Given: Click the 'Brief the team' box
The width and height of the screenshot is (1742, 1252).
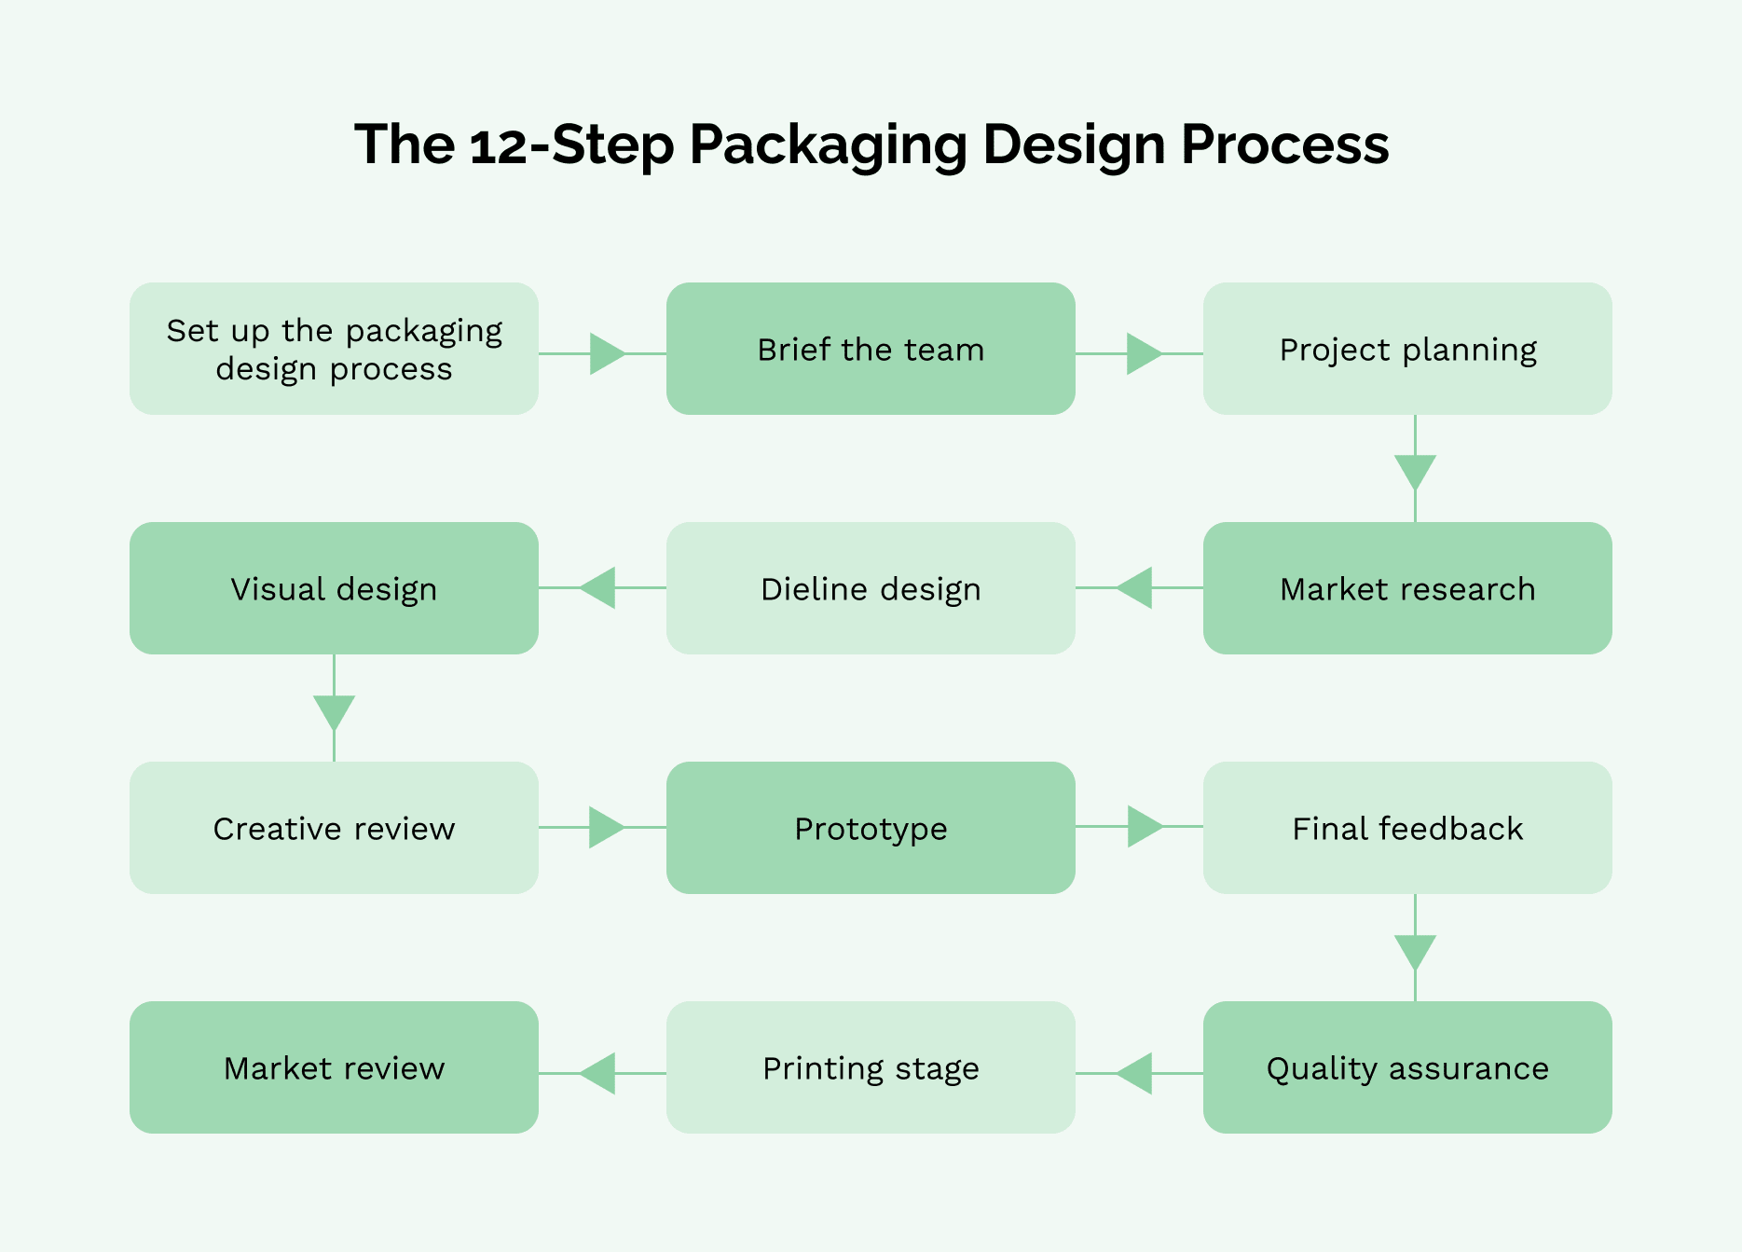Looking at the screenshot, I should (x=871, y=349).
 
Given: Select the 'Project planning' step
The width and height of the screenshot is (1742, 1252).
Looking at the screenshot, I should (x=1407, y=349).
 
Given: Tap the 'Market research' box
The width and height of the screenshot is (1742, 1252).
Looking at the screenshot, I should (x=1407, y=588).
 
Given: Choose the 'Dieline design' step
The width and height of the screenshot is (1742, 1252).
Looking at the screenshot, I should (x=871, y=588).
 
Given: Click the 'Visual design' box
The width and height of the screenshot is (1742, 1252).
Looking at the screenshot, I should (x=334, y=588).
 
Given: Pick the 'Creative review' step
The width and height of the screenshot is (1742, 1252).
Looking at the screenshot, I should (x=334, y=828).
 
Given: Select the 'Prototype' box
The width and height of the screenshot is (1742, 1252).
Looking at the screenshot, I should (x=871, y=828).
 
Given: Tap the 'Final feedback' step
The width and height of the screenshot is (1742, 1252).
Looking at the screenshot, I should (x=1407, y=828).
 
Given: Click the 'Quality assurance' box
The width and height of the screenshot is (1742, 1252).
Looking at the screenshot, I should (x=1407, y=1067).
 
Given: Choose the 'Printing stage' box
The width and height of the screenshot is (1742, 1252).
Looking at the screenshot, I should (x=871, y=1067).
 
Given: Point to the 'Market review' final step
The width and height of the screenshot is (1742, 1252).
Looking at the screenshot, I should (x=334, y=1067).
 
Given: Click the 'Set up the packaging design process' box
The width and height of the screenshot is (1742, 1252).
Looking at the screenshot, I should (x=334, y=349).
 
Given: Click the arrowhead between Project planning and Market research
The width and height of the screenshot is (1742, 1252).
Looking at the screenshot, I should (x=1415, y=471).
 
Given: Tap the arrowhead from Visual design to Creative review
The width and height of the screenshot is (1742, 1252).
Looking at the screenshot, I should (x=334, y=711).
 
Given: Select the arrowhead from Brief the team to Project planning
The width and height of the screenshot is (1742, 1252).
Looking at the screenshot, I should (x=1143, y=353).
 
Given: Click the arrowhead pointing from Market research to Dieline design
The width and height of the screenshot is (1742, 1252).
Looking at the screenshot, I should (x=1135, y=587).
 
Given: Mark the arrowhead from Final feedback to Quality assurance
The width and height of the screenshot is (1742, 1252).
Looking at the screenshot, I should (x=1415, y=951).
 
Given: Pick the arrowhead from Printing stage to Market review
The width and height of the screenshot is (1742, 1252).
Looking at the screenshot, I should (x=598, y=1073).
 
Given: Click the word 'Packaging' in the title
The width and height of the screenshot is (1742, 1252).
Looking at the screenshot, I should (x=828, y=145).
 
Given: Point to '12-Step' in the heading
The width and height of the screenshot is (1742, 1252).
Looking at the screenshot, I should (x=571, y=145).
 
